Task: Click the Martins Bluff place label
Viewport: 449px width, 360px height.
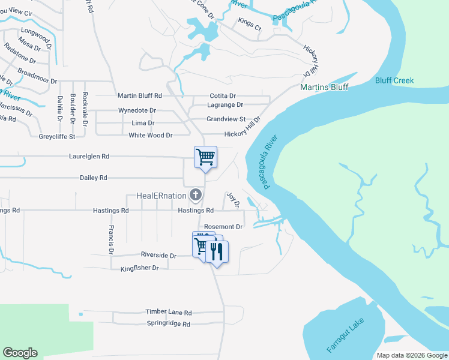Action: coord(324,87)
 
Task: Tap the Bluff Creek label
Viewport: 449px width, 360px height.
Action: coord(394,80)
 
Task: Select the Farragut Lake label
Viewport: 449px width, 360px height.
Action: coord(345,336)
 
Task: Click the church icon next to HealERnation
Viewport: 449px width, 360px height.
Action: coord(195,194)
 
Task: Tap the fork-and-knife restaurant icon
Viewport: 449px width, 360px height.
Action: coord(217,251)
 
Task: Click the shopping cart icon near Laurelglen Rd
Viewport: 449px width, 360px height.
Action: coord(205,157)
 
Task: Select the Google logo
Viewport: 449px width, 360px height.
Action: coord(20,353)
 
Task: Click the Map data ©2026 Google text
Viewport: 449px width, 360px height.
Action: coord(411,355)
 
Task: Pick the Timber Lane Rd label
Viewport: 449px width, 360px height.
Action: coord(168,313)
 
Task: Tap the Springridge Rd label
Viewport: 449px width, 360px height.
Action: coord(168,324)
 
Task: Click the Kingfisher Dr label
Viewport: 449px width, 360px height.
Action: coord(139,268)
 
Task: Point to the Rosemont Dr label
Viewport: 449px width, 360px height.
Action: coord(223,227)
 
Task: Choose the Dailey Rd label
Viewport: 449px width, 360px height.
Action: coord(93,178)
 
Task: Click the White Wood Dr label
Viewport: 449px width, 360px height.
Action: coord(150,136)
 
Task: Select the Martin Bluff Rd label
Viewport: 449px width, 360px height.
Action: coord(140,95)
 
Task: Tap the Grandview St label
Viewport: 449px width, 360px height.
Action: coord(226,119)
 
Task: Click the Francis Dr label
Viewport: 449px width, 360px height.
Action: coord(112,239)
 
